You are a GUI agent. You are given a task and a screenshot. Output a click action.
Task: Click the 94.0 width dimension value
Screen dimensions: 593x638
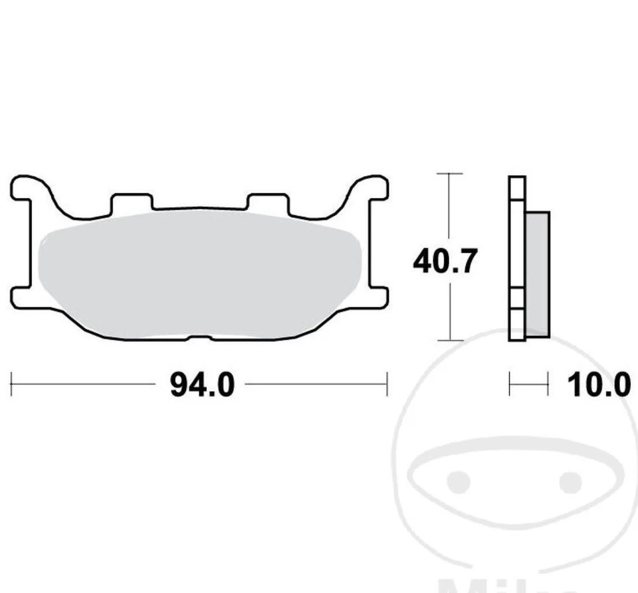(x=202, y=384)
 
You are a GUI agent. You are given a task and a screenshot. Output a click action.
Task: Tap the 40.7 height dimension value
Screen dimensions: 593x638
(x=445, y=262)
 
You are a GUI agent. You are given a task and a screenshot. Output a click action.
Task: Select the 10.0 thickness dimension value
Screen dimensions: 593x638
(x=599, y=384)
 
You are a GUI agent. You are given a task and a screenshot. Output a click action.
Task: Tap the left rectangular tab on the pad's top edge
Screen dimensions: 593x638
(x=131, y=202)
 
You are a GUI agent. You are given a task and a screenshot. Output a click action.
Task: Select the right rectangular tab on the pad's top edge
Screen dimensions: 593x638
(x=267, y=202)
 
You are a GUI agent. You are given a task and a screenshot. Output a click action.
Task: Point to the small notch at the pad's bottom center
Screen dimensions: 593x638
(x=199, y=338)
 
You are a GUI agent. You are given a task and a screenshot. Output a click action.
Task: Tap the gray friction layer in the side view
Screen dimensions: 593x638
(x=538, y=272)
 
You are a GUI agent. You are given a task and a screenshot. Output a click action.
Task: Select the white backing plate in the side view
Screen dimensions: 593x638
(x=517, y=259)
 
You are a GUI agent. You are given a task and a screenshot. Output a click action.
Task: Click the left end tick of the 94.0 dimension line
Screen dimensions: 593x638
(x=11, y=384)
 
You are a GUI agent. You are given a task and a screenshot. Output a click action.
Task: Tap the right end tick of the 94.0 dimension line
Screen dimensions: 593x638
(x=387, y=384)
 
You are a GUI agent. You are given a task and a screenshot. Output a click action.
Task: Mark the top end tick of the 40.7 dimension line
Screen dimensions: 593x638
(x=451, y=174)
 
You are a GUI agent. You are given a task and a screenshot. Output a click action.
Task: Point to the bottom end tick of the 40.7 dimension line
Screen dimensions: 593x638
(x=451, y=340)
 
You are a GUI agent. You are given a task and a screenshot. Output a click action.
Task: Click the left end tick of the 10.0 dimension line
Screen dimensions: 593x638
(x=510, y=384)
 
